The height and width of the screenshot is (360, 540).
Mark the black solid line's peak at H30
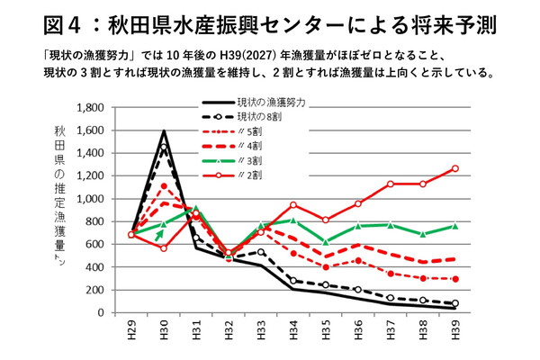click(165, 131)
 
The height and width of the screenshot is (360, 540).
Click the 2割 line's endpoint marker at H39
click(454, 168)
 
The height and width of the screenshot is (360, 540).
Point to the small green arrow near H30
click(159, 235)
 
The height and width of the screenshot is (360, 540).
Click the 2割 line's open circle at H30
click(165, 247)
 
